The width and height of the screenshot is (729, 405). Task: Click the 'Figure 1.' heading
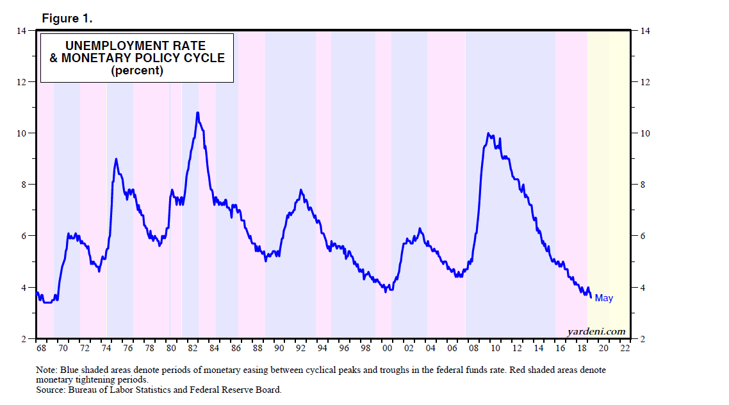tap(67, 18)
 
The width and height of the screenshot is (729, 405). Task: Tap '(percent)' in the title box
tap(137, 70)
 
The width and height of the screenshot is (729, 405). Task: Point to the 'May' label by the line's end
tap(603, 298)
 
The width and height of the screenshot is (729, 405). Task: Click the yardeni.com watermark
tap(596, 331)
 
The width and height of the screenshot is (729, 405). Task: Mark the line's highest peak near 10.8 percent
tap(198, 113)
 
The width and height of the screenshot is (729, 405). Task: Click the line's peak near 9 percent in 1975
tap(116, 159)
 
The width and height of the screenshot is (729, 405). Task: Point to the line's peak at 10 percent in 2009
tap(489, 133)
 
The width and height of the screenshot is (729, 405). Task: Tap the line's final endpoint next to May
tap(590, 295)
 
